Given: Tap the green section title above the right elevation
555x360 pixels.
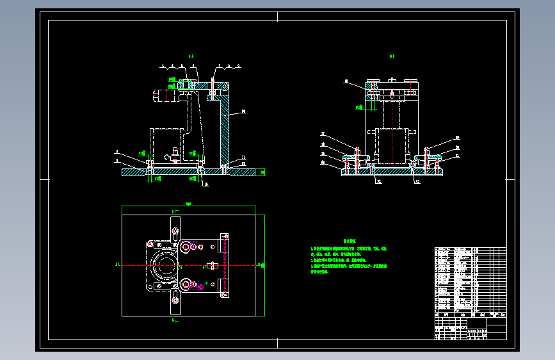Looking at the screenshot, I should [x=392, y=56].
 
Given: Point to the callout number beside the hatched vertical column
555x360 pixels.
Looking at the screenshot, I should [x=243, y=112].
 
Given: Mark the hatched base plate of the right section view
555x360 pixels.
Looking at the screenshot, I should [x=392, y=172].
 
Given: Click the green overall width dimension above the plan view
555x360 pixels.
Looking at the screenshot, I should [x=188, y=204].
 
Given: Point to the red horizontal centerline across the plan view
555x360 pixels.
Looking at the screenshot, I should [x=192, y=265].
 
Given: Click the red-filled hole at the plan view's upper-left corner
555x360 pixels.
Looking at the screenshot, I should [x=149, y=244].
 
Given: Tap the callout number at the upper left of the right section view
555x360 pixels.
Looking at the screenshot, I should [x=346, y=82].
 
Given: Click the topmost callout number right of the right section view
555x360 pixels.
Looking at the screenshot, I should [x=458, y=138].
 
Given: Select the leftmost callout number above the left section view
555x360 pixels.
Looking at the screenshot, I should [x=163, y=66].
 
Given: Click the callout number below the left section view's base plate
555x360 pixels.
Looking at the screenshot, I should [x=205, y=184].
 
